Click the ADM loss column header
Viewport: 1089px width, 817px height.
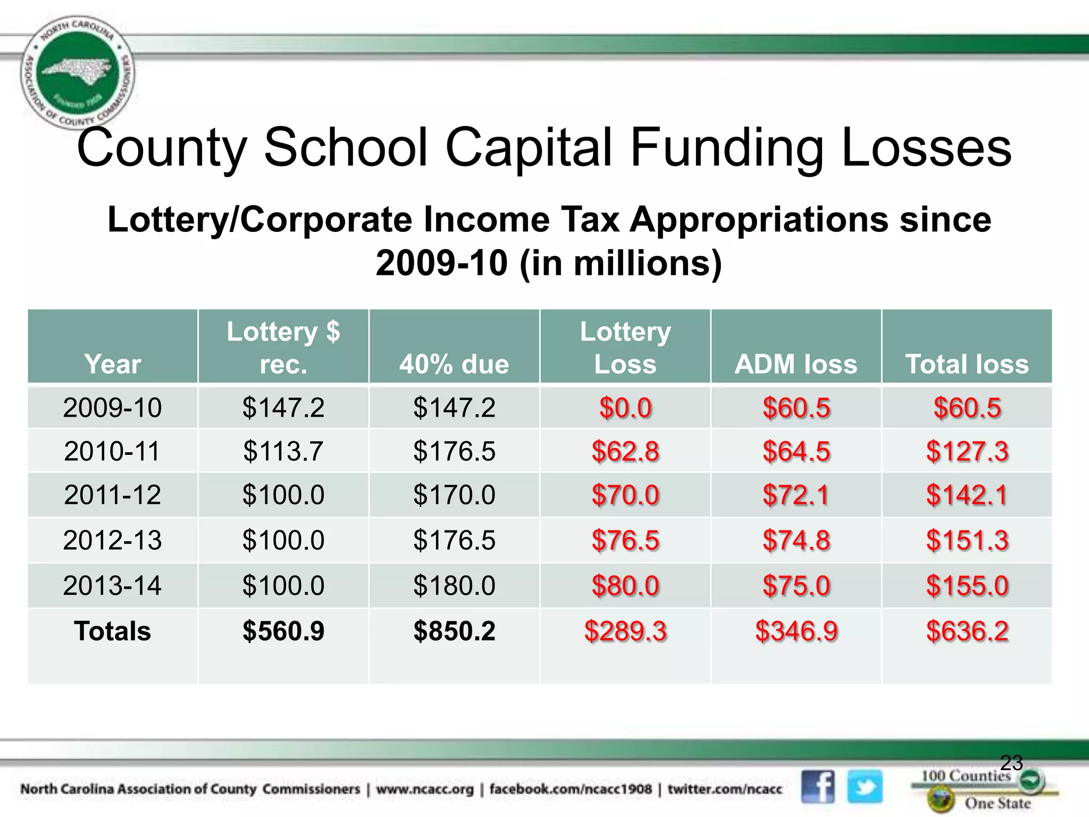click(795, 364)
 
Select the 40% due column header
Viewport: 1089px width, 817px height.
click(454, 364)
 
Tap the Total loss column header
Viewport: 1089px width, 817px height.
click(967, 364)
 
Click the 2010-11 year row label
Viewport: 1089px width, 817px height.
click(112, 451)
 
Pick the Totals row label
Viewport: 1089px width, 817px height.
click(112, 631)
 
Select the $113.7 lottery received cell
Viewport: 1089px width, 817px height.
click(283, 451)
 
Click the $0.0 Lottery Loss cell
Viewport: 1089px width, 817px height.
click(625, 408)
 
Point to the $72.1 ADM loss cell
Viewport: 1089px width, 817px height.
click(796, 495)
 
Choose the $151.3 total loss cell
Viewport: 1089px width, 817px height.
click(967, 540)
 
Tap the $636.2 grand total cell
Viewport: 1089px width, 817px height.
click(967, 631)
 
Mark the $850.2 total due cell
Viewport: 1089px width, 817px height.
click(454, 631)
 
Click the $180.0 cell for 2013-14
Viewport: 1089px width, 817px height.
click(454, 585)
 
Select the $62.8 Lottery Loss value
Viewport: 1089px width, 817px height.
click(625, 451)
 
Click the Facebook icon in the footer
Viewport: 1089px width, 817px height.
click(818, 786)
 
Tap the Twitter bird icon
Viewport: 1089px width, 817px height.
click(865, 786)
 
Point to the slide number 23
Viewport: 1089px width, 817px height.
click(1011, 763)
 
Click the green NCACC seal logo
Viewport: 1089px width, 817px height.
click(78, 72)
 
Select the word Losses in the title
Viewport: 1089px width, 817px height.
click(926, 147)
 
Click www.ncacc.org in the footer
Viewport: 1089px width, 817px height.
click(424, 789)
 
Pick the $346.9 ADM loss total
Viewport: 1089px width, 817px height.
click(796, 631)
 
